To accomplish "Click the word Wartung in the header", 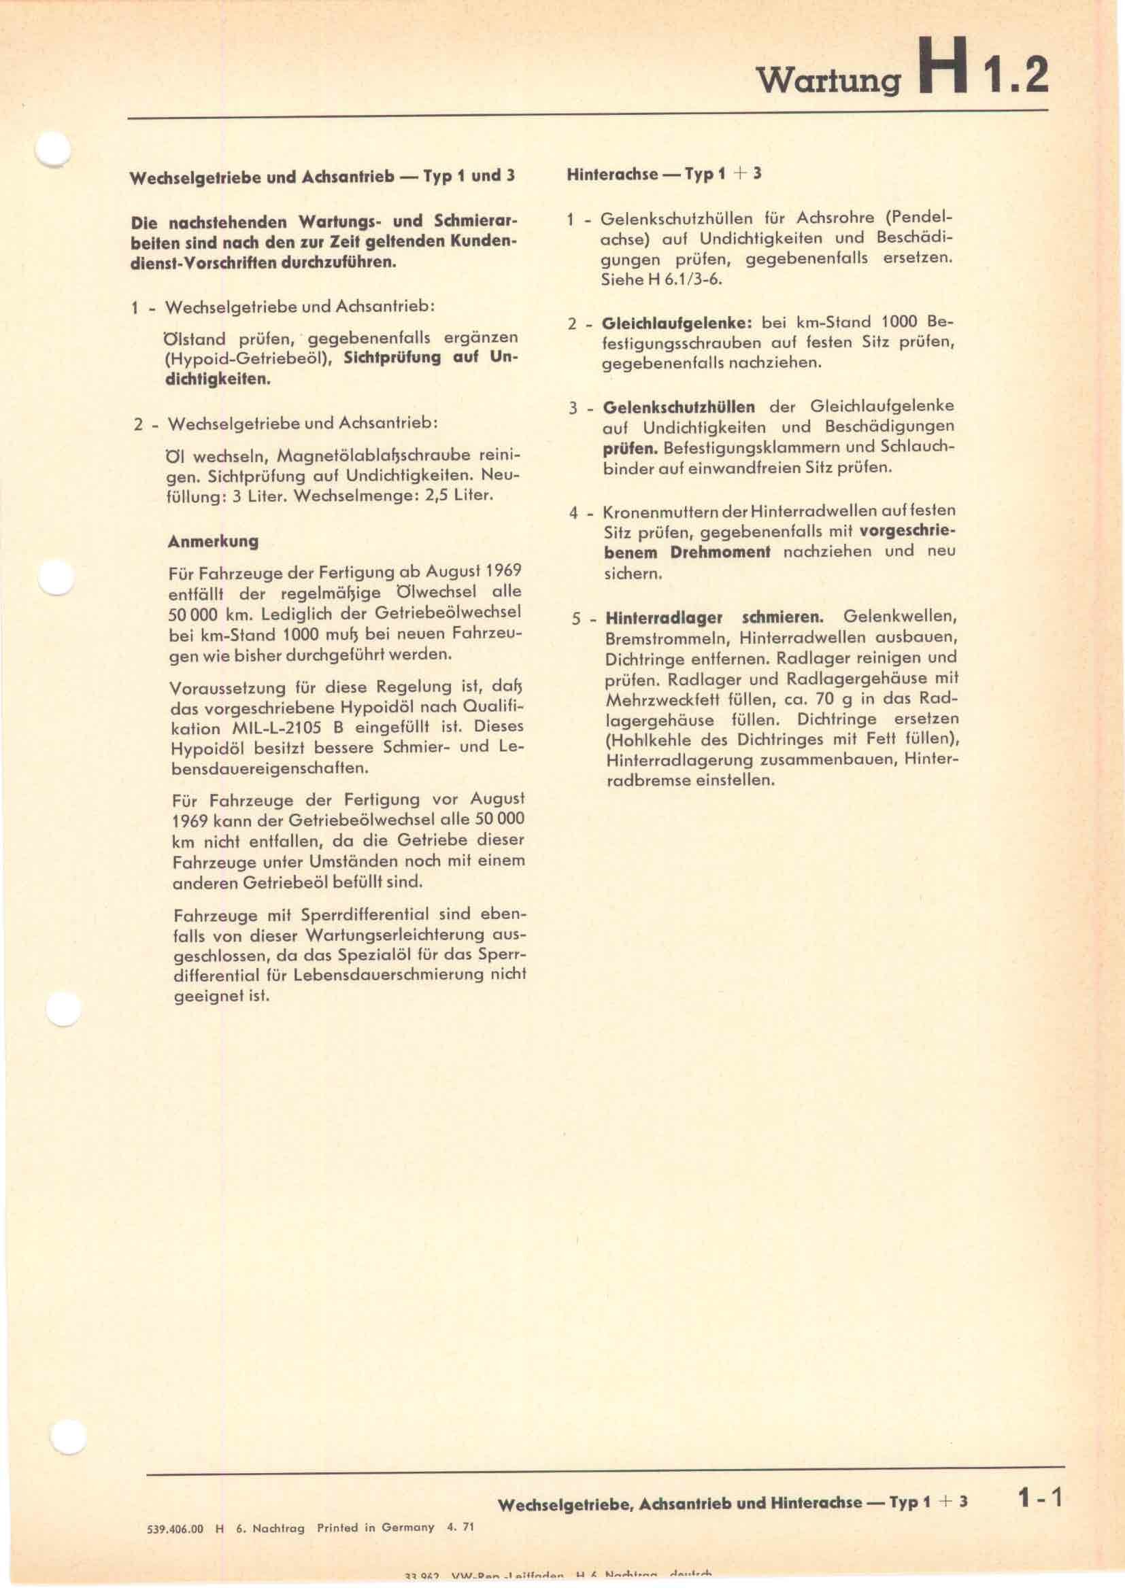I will pyautogui.click(x=829, y=81).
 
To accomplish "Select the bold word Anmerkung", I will pyautogui.click(x=213, y=541).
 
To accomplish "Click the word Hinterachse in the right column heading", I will pyautogui.click(x=612, y=174).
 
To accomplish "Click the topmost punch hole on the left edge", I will pyautogui.click(x=52, y=148).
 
